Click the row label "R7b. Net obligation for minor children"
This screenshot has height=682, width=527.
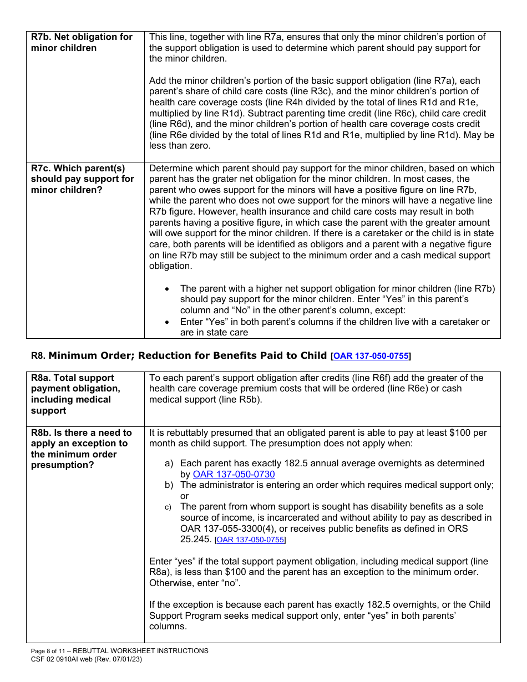click(82, 42)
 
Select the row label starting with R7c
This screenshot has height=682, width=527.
click(82, 179)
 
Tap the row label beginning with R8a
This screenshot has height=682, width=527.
click(75, 394)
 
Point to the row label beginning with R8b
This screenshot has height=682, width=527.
click(81, 449)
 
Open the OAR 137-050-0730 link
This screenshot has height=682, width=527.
click(234, 474)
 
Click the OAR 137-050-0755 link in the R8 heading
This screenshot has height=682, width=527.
click(372, 357)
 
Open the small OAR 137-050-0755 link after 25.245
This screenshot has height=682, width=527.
click(250, 540)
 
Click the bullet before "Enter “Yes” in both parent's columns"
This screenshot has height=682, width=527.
click(168, 322)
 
